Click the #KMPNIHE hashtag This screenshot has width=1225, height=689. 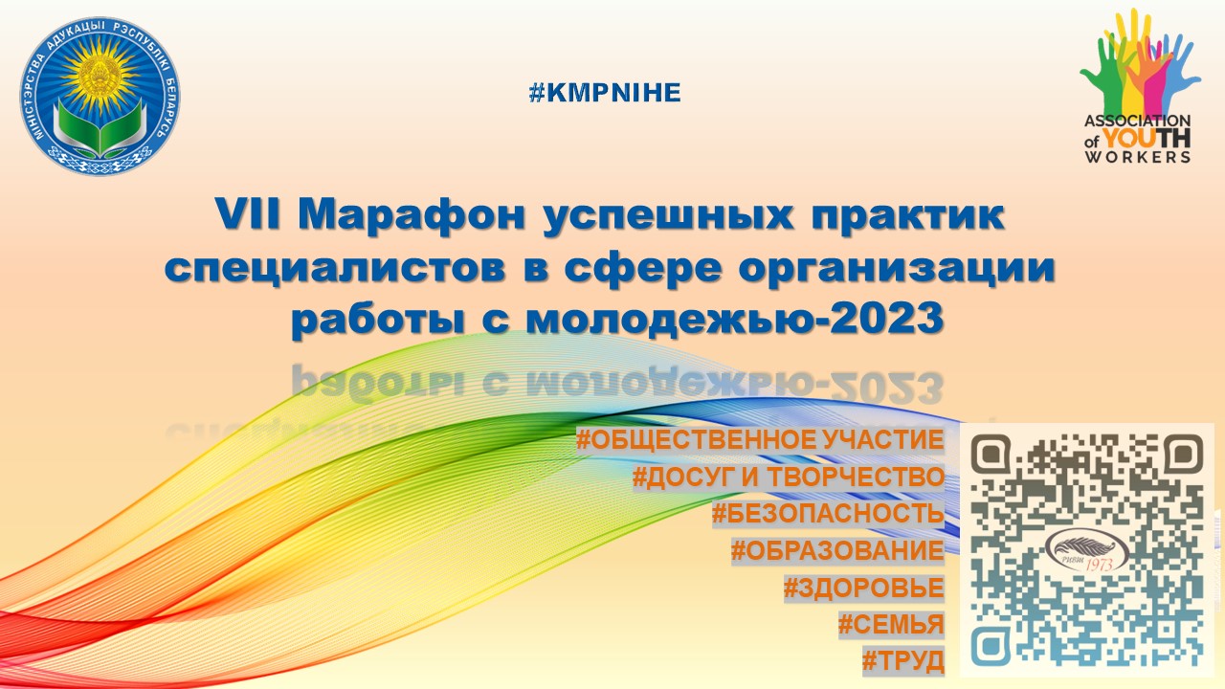click(604, 93)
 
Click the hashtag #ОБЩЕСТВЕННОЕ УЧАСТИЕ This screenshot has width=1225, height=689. click(760, 441)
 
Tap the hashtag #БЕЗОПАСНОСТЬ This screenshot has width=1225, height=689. click(828, 514)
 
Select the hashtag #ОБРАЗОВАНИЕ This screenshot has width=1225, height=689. click(837, 550)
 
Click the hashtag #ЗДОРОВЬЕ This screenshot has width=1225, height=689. click(863, 587)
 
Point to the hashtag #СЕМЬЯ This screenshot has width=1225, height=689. click(891, 624)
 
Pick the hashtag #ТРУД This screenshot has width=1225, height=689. click(902, 660)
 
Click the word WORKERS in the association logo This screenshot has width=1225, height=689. click(1137, 156)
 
